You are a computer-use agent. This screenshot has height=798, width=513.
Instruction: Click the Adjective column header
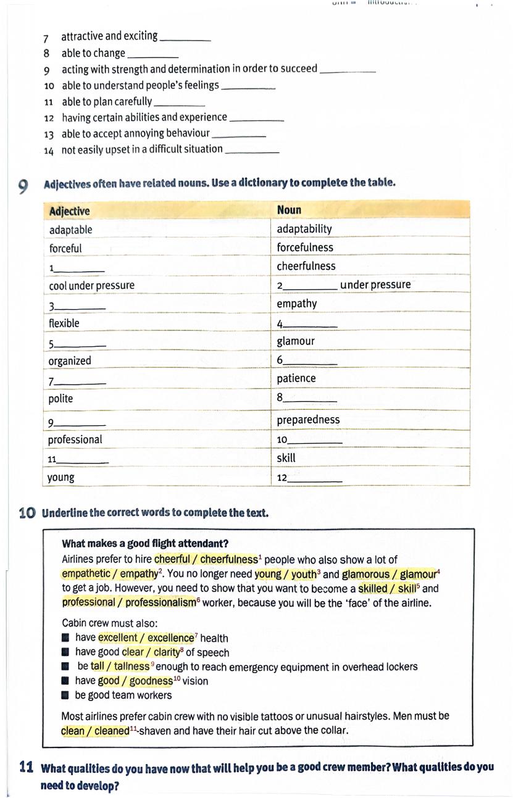(69, 211)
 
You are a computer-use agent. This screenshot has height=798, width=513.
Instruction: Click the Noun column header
(289, 210)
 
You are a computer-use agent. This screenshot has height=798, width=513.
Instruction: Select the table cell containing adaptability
(304, 229)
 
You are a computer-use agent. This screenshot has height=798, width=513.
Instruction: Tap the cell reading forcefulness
(305, 247)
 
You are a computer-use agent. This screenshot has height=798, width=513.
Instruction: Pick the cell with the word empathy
(297, 304)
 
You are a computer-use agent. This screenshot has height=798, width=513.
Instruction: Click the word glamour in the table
(296, 341)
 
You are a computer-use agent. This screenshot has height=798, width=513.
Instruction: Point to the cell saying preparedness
(308, 420)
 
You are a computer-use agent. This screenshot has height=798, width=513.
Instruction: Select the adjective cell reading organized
(70, 361)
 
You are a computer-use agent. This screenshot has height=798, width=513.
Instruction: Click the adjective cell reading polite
(60, 399)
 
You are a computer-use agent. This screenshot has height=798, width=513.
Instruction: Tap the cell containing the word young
(61, 477)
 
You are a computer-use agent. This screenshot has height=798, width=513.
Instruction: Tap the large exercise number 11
(26, 768)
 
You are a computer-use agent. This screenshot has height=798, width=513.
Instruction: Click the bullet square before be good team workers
(65, 695)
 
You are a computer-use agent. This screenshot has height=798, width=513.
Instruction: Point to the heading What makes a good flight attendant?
(145, 544)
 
